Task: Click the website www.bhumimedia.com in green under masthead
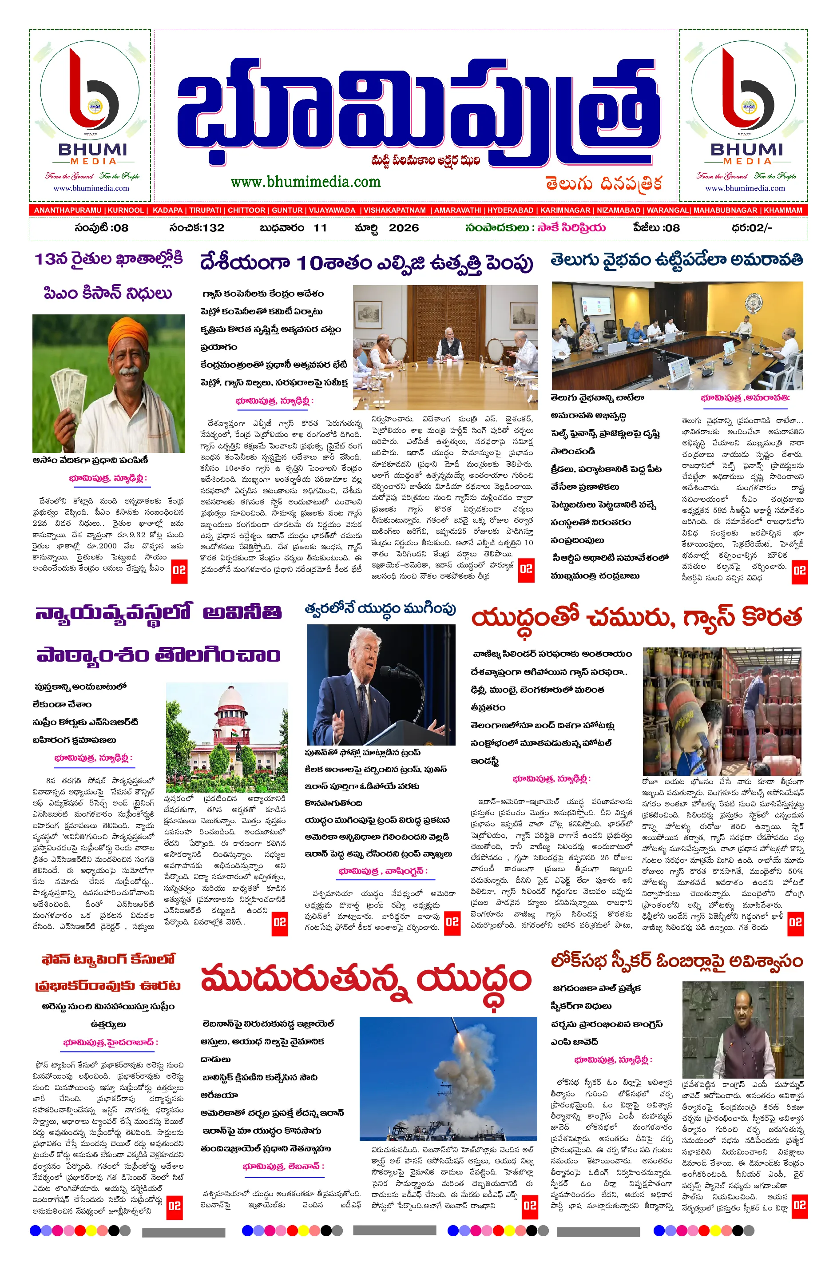tap(305, 182)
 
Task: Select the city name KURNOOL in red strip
tap(126, 210)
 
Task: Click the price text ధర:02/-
tap(752, 228)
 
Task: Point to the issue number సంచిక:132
tap(196, 228)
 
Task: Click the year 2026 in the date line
tap(404, 228)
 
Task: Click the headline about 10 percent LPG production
tap(366, 263)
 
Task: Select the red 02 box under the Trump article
tap(452, 922)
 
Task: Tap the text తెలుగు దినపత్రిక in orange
tap(603, 184)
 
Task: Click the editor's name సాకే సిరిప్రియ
tap(571, 228)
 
